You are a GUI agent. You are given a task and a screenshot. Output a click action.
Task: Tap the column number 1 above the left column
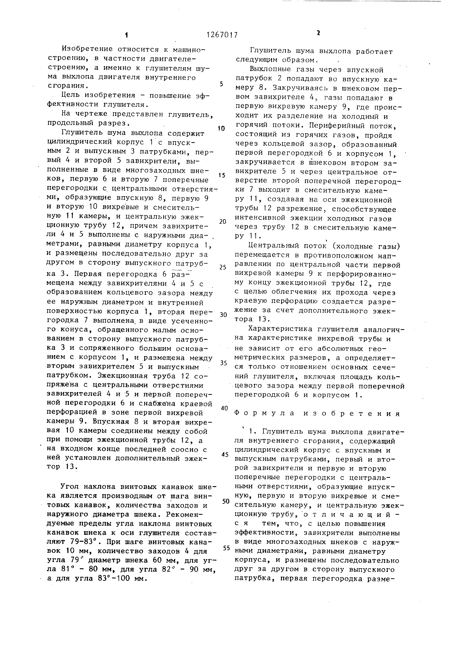[x=126, y=35]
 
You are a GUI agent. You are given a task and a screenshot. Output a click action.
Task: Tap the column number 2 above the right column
[x=318, y=33]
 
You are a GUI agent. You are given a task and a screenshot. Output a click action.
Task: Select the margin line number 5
[x=221, y=84]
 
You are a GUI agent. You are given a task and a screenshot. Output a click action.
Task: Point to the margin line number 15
[x=222, y=175]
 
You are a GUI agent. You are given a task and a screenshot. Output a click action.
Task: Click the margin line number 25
[x=223, y=267]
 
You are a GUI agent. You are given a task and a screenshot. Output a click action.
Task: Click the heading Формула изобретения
[x=317, y=414]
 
